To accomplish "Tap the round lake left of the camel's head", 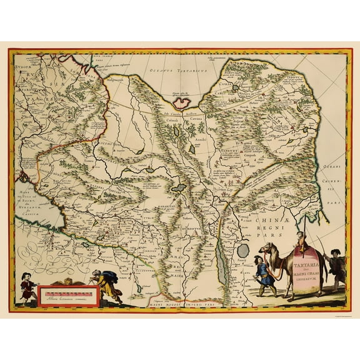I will tap(242, 250).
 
